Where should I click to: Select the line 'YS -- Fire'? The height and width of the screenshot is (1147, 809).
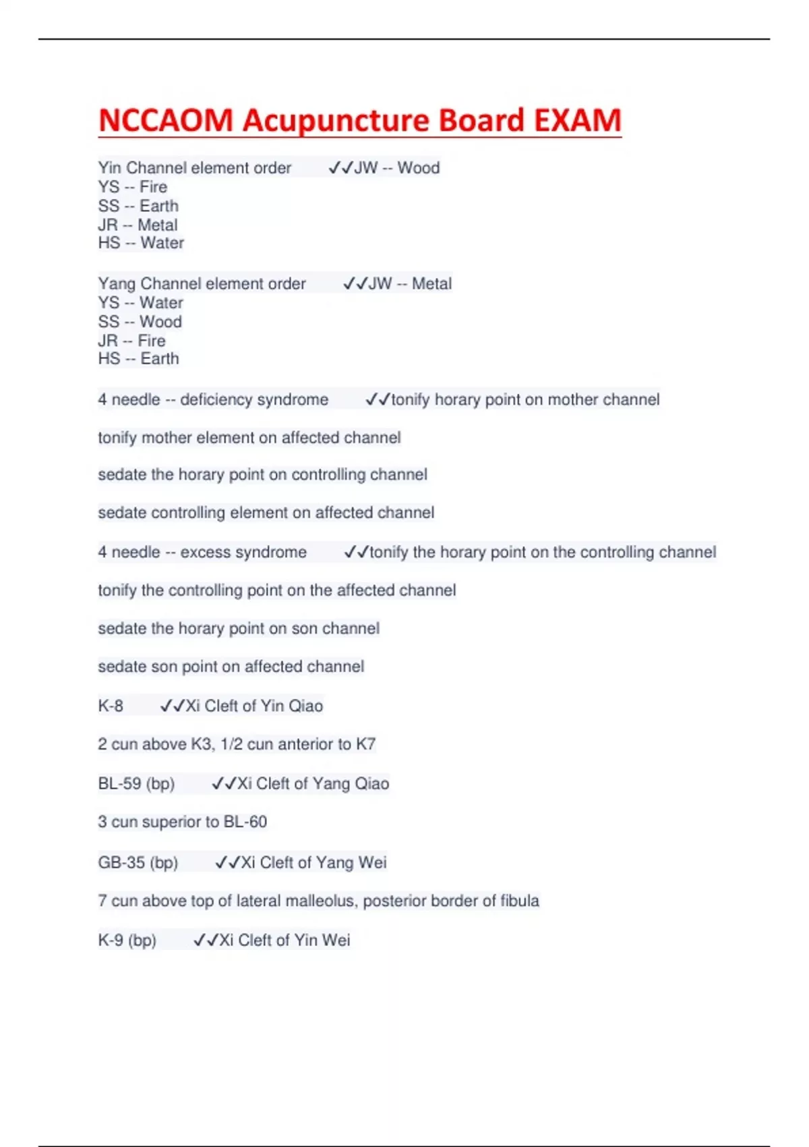pos(133,187)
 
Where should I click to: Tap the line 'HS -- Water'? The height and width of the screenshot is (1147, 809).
pos(141,243)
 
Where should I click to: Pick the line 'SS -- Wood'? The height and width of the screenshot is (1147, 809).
pos(140,322)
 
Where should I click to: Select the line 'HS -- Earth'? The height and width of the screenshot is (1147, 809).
pos(139,359)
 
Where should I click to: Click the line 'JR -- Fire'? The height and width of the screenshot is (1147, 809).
pos(132,341)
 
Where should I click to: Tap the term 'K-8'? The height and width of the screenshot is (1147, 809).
pos(111,706)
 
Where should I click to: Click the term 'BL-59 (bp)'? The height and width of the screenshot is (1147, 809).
pos(136,784)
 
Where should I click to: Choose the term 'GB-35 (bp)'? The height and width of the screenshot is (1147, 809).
pos(138,863)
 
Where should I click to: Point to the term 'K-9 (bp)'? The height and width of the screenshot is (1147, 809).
pos(127,941)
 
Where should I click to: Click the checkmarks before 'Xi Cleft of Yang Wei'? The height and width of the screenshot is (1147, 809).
pos(227,863)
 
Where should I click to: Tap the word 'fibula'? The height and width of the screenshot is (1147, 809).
pos(520,901)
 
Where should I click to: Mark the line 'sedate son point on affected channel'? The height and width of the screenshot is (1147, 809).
pos(231,667)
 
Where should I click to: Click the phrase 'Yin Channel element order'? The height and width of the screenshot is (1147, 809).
pos(195,168)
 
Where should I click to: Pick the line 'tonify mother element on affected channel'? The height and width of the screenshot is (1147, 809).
pos(249,438)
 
